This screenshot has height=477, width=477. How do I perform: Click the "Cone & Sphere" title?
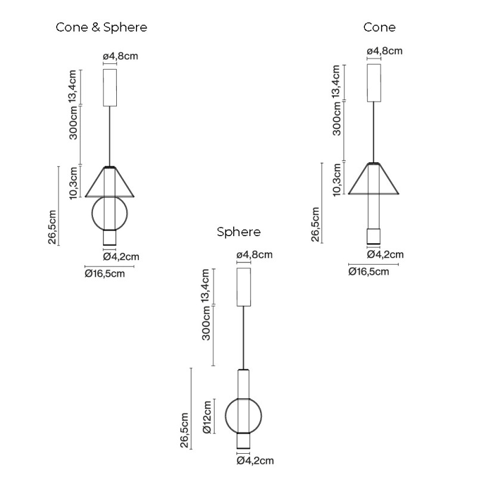coord(101,27)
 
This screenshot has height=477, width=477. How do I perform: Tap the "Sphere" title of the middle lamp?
coord(239,232)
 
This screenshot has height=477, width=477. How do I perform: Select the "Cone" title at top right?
coord(379,27)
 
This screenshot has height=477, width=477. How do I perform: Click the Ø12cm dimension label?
coord(207,417)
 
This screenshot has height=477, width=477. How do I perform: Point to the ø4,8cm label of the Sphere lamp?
coord(255,255)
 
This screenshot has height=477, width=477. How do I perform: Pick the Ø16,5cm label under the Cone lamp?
coord(368,271)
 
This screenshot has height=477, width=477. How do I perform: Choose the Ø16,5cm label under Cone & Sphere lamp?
coord(105,274)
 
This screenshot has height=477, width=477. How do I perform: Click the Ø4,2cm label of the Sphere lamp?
coord(255,460)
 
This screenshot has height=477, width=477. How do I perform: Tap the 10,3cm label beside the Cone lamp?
coord(337,180)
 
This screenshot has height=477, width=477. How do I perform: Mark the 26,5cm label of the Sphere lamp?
coord(185,430)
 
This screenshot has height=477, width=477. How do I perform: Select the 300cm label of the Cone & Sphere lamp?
coord(73,123)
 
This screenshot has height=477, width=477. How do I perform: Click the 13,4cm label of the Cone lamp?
coord(336,82)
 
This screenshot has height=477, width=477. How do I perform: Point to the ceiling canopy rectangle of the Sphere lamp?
coord(244,287)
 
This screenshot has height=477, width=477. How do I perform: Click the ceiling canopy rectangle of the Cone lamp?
coord(374,83)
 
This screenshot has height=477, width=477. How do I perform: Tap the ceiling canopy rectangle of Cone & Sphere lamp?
coord(110,88)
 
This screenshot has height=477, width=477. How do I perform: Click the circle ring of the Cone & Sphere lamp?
coord(91,213)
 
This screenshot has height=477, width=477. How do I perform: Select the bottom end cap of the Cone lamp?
coord(374,236)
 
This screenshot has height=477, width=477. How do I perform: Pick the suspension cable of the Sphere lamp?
coord(244,337)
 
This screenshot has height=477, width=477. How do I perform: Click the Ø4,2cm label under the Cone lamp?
coord(385,255)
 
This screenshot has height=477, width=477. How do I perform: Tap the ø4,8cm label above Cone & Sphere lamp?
coord(120,56)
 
